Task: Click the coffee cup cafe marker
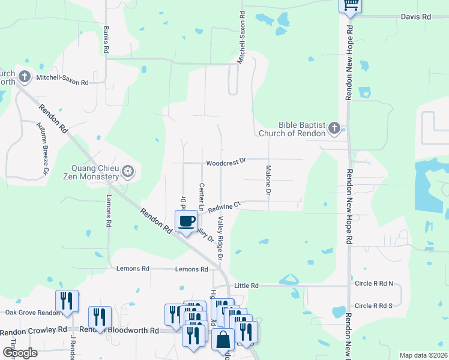pyautogui.click(x=186, y=221)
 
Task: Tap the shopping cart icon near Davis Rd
pyautogui.click(x=350, y=5)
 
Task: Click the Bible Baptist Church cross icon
pyautogui.click(x=334, y=128)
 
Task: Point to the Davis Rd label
pyautogui.click(x=416, y=17)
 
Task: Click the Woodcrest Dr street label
pyautogui.click(x=226, y=162)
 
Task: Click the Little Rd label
pyautogui.click(x=246, y=286)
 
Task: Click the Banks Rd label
pyautogui.click(x=106, y=40)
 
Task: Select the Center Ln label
pyautogui.click(x=202, y=196)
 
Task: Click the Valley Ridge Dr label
pyautogui.click(x=220, y=238)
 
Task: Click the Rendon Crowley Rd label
pyautogui.click(x=34, y=330)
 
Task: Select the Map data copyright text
pyautogui.click(x=423, y=355)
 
